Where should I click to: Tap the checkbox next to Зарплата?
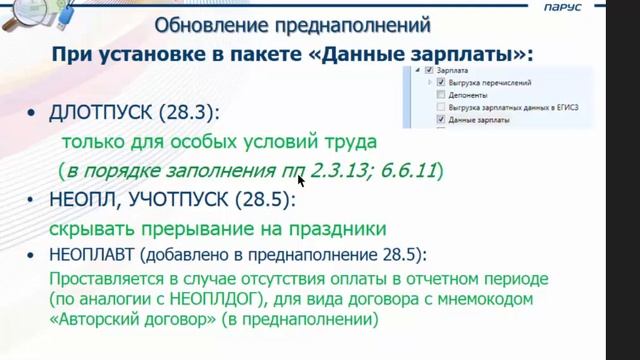429,71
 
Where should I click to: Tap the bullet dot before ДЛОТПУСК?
34,113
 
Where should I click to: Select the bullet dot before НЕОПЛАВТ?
34,255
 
